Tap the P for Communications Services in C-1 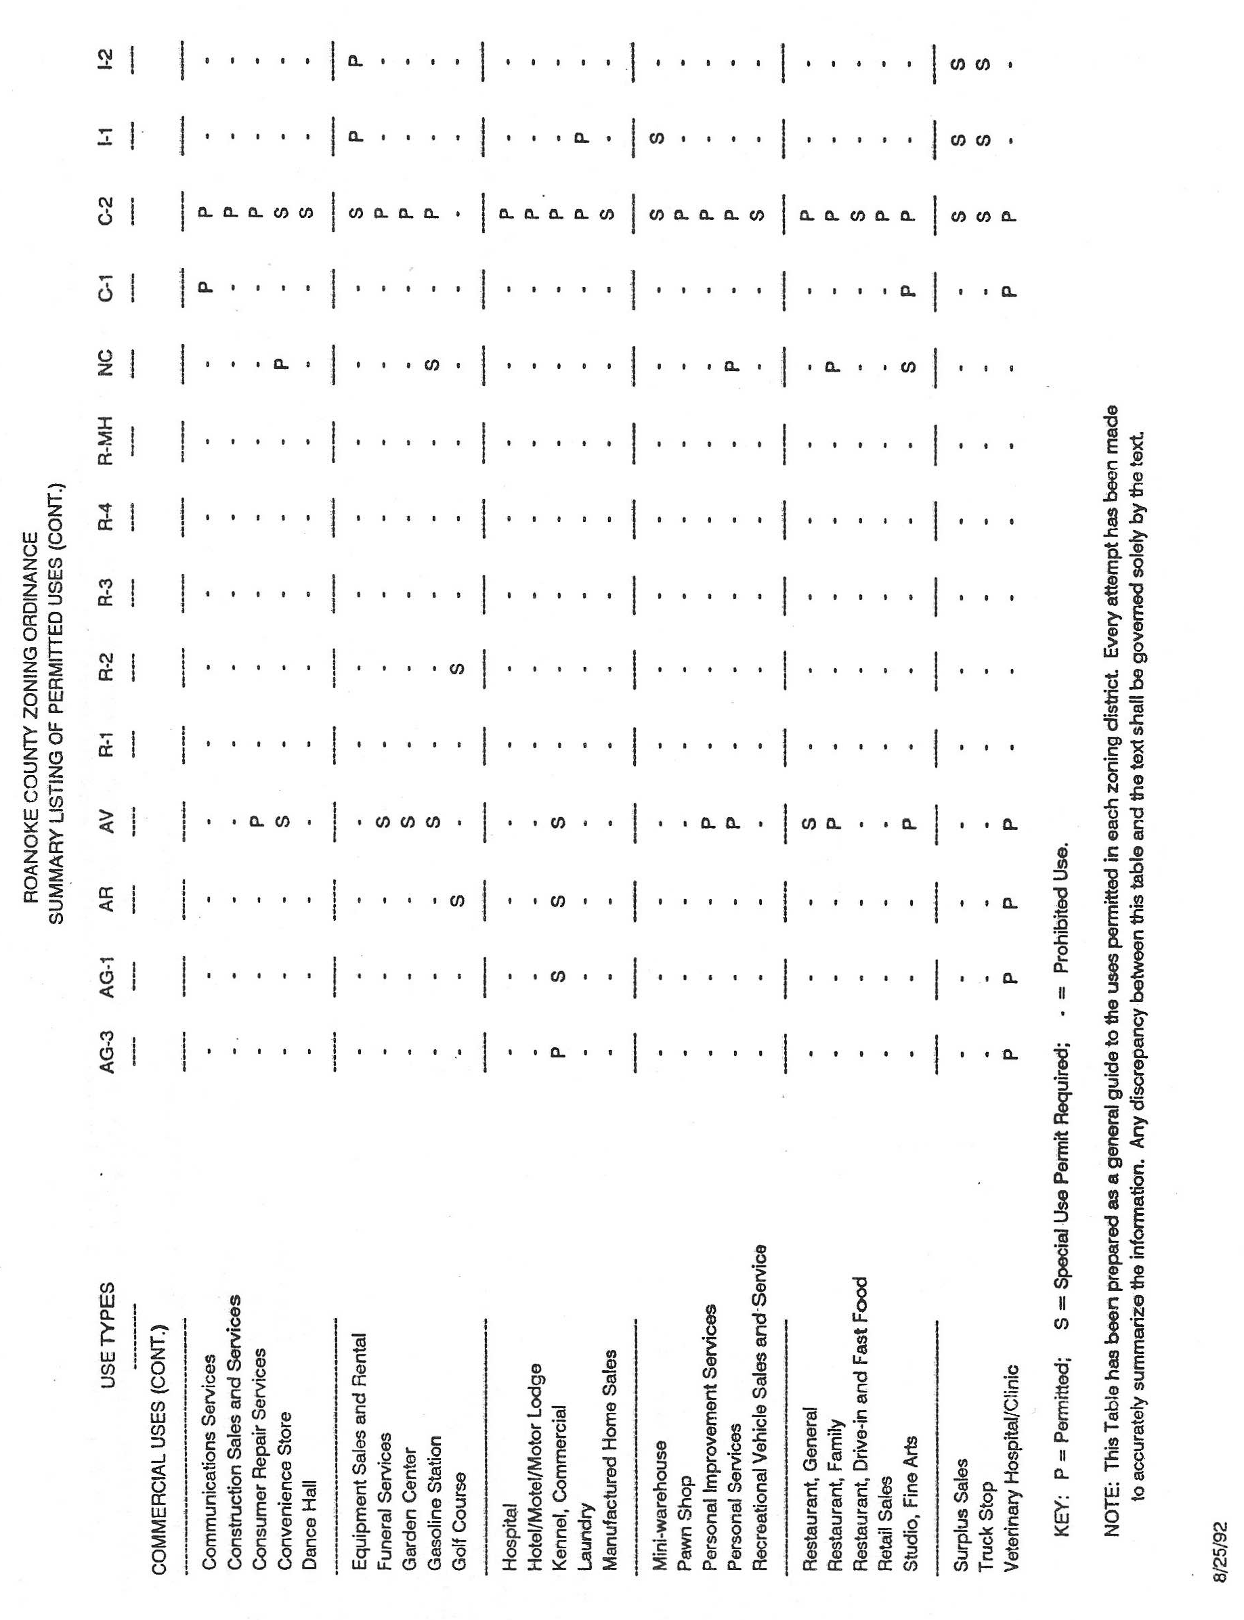click(207, 286)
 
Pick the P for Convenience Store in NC click(283, 364)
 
